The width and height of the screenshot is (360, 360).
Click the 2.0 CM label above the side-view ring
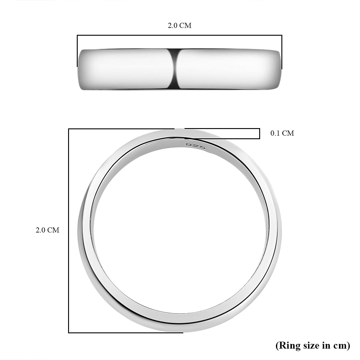click(x=179, y=25)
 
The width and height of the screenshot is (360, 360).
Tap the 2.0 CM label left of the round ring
click(x=47, y=230)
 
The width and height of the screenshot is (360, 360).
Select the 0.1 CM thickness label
click(x=282, y=133)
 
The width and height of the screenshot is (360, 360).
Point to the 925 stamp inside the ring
click(x=195, y=146)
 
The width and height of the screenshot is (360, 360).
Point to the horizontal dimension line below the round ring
click(x=126, y=332)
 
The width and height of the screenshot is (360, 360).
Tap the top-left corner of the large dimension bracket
click(x=69, y=129)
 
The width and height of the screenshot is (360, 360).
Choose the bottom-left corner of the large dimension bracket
click(x=69, y=332)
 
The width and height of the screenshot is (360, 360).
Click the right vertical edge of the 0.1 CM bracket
click(x=259, y=134)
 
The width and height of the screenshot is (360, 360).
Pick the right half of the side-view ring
click(x=228, y=69)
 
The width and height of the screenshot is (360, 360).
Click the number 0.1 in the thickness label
click(x=275, y=133)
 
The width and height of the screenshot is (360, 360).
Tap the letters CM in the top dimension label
click(x=185, y=25)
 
